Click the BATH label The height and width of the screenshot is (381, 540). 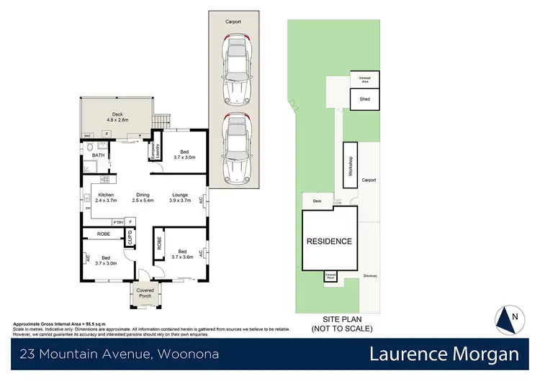coord(98,155)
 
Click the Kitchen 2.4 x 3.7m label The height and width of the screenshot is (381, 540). coord(107,197)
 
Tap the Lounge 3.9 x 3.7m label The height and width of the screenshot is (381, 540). coord(180,197)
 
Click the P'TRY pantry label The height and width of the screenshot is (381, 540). coord(117,222)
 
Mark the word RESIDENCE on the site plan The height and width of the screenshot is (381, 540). coord(329,242)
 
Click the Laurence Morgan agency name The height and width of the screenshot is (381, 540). coord(444,354)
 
